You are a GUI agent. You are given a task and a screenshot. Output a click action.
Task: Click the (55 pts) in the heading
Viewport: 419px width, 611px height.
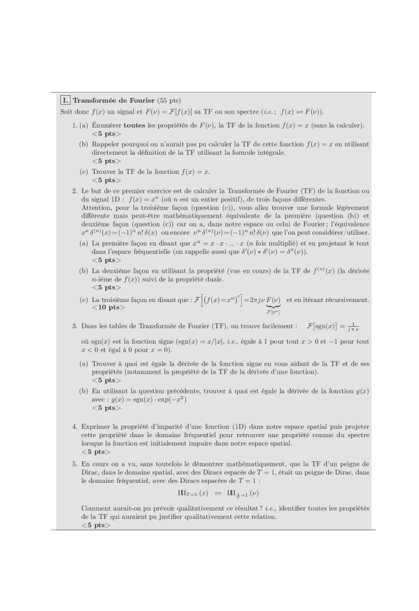(x=168, y=100)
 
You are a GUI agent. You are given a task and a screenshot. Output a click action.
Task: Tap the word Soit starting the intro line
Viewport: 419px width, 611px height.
(x=65, y=112)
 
